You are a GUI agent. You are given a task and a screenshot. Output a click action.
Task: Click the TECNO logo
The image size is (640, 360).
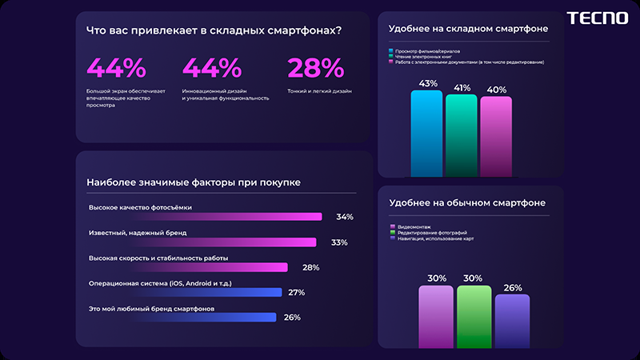pyautogui.click(x=597, y=18)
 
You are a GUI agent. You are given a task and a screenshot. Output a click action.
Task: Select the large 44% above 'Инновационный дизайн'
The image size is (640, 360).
pyautogui.click(x=212, y=68)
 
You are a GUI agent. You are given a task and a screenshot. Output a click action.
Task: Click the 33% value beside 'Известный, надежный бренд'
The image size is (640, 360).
pyautogui.click(x=339, y=242)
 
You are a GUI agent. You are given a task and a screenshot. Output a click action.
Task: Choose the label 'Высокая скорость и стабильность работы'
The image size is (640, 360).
pyautogui.click(x=158, y=258)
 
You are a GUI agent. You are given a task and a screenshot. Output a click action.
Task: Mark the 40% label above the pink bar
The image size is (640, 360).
pyautogui.click(x=496, y=89)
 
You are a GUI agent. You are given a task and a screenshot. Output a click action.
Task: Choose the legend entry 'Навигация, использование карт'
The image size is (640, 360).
pyautogui.click(x=433, y=238)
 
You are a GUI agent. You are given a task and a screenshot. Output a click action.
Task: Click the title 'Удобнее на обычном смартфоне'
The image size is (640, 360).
pyautogui.click(x=467, y=203)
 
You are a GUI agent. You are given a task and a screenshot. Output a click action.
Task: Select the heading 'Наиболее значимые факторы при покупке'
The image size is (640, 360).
pyautogui.click(x=194, y=182)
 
